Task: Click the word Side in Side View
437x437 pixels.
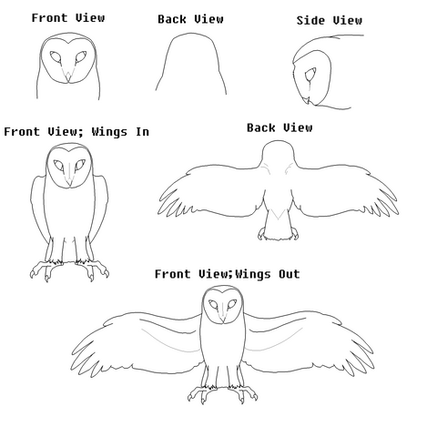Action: coord(311,20)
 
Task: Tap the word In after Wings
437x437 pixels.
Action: coord(142,132)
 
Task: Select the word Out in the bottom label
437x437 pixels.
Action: coord(290,274)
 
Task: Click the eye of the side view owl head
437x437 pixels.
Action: coord(310,74)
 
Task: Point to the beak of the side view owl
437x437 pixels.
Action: coord(308,100)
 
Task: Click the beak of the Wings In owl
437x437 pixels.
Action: coord(70,182)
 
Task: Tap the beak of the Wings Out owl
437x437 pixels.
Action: coord(223,319)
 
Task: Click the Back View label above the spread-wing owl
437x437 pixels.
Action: coord(279,127)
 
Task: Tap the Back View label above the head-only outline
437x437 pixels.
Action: coord(190,19)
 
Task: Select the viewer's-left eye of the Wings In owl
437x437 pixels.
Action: coord(59,166)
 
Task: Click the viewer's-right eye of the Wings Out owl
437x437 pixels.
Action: coord(232,304)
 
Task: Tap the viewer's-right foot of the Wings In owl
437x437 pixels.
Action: coord(93,269)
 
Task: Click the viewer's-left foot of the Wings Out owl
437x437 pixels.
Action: coord(202,393)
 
